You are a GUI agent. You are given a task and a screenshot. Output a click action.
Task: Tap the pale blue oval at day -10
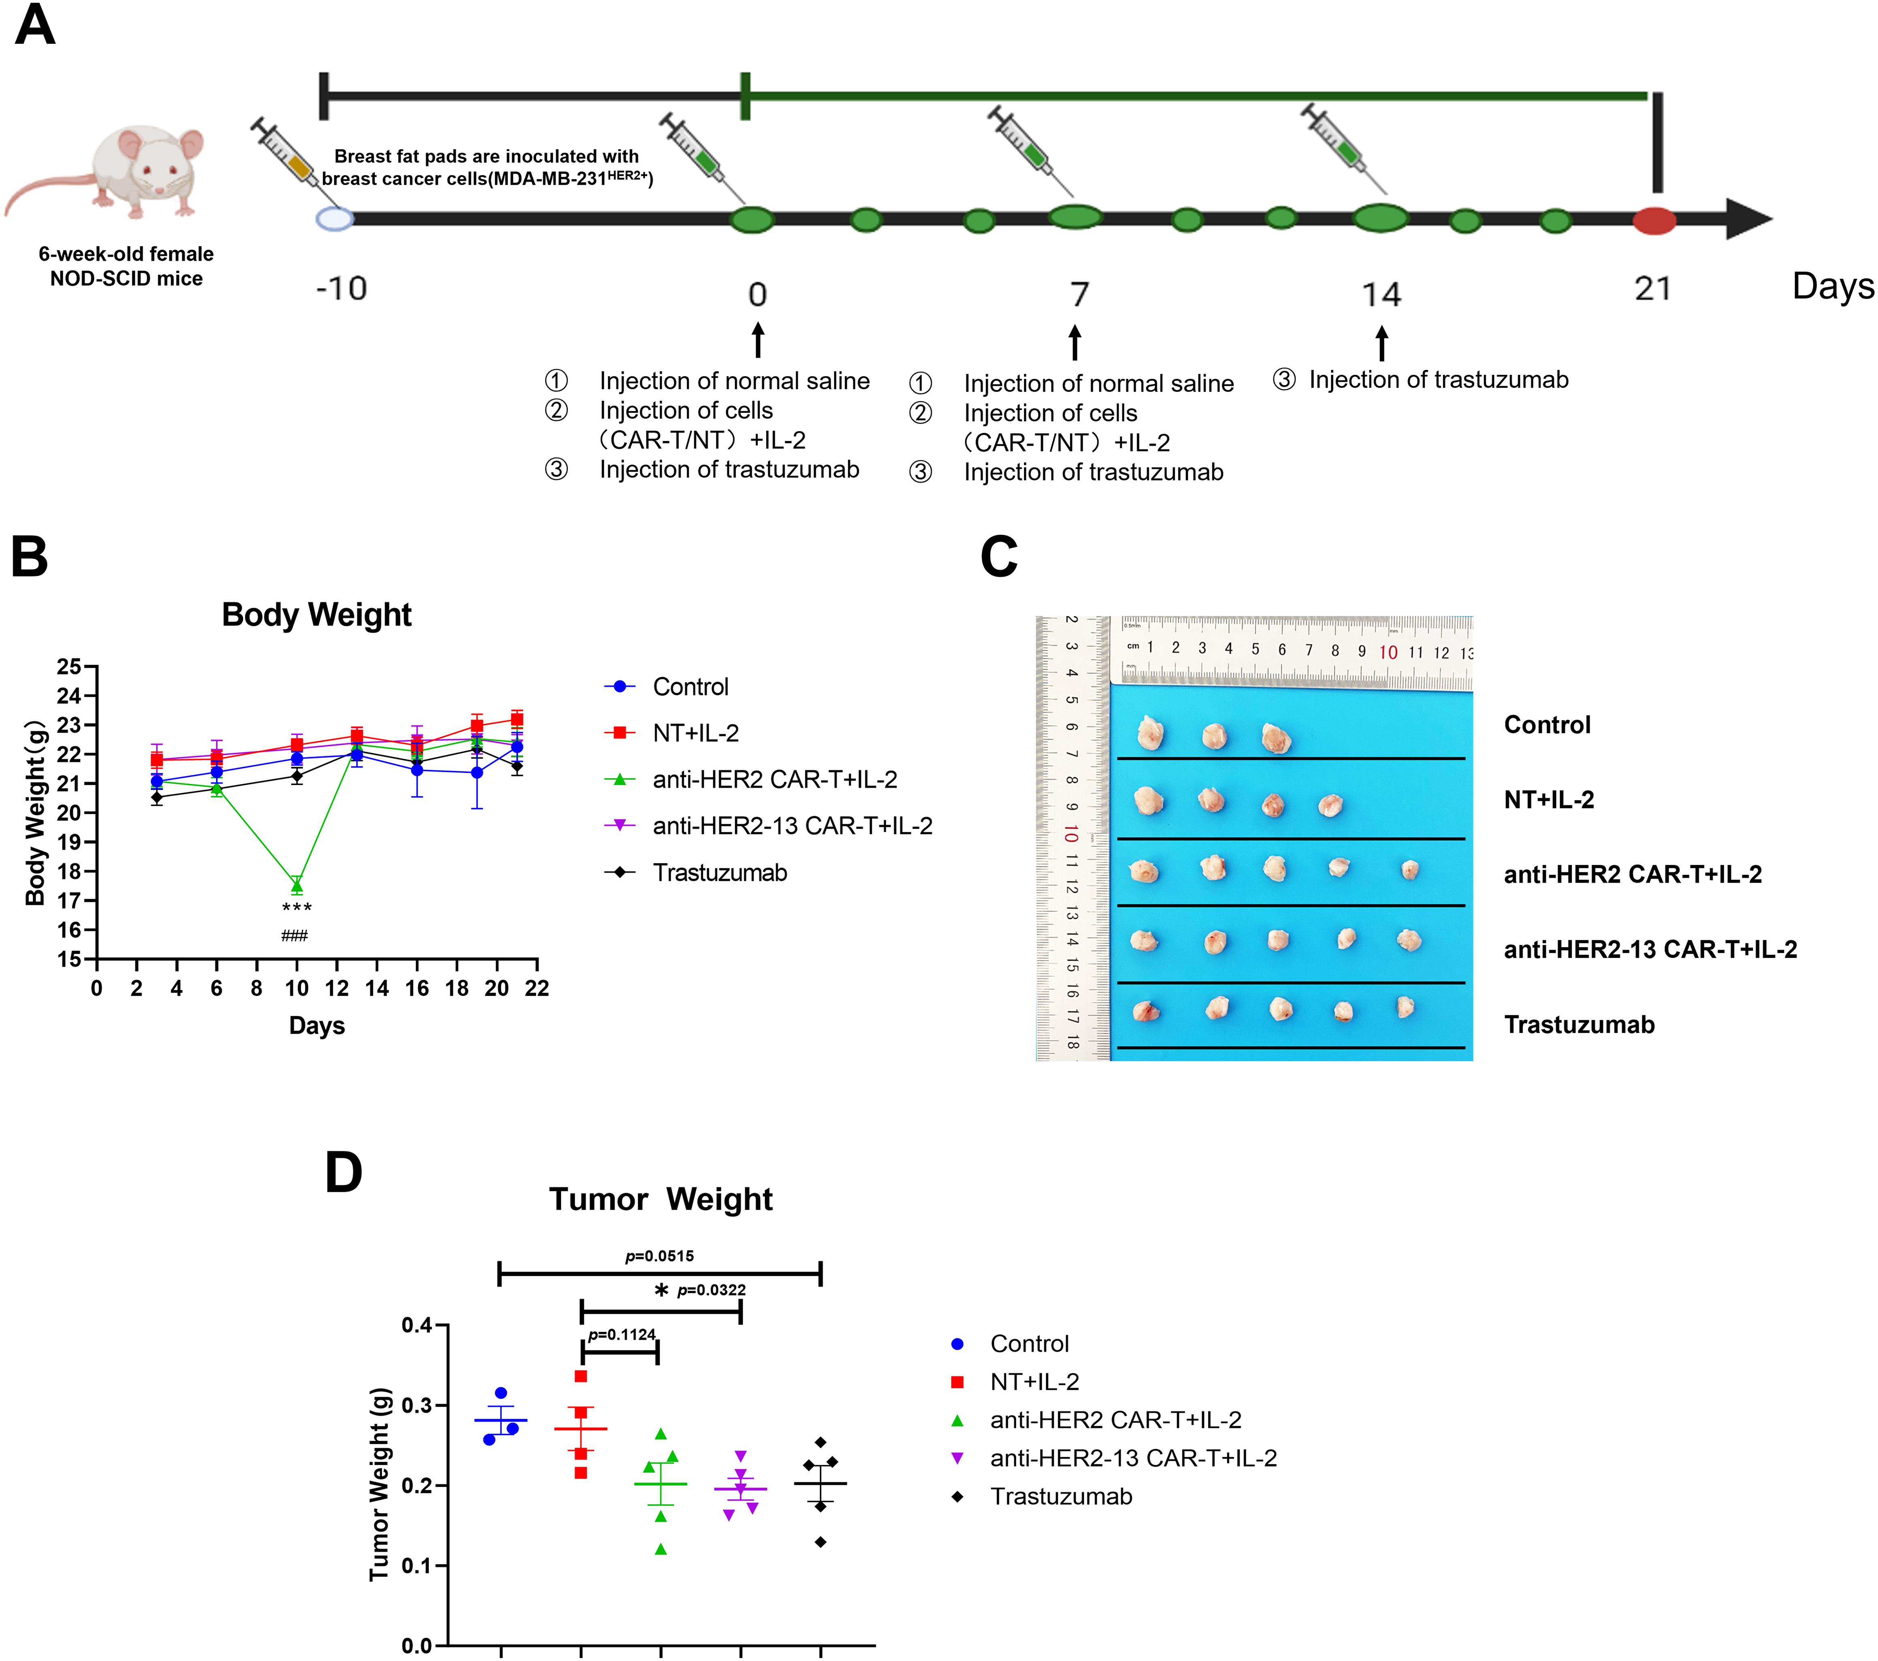334,219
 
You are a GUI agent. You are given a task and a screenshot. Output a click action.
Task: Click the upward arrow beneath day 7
1075,342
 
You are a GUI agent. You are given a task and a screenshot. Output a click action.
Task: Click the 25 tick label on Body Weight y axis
69,667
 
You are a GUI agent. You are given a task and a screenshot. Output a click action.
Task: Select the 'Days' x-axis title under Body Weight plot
317,1025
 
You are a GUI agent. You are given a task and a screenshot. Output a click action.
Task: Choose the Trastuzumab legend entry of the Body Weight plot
720,873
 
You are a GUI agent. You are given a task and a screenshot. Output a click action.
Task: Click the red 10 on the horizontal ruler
1388,652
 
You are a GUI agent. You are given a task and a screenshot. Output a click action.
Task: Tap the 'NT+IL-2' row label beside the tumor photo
1549,799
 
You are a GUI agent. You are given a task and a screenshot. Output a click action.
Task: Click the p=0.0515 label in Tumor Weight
660,1256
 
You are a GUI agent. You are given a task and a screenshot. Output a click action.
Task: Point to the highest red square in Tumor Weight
581,1376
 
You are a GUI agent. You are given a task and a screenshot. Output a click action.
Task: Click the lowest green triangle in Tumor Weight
660,1549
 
